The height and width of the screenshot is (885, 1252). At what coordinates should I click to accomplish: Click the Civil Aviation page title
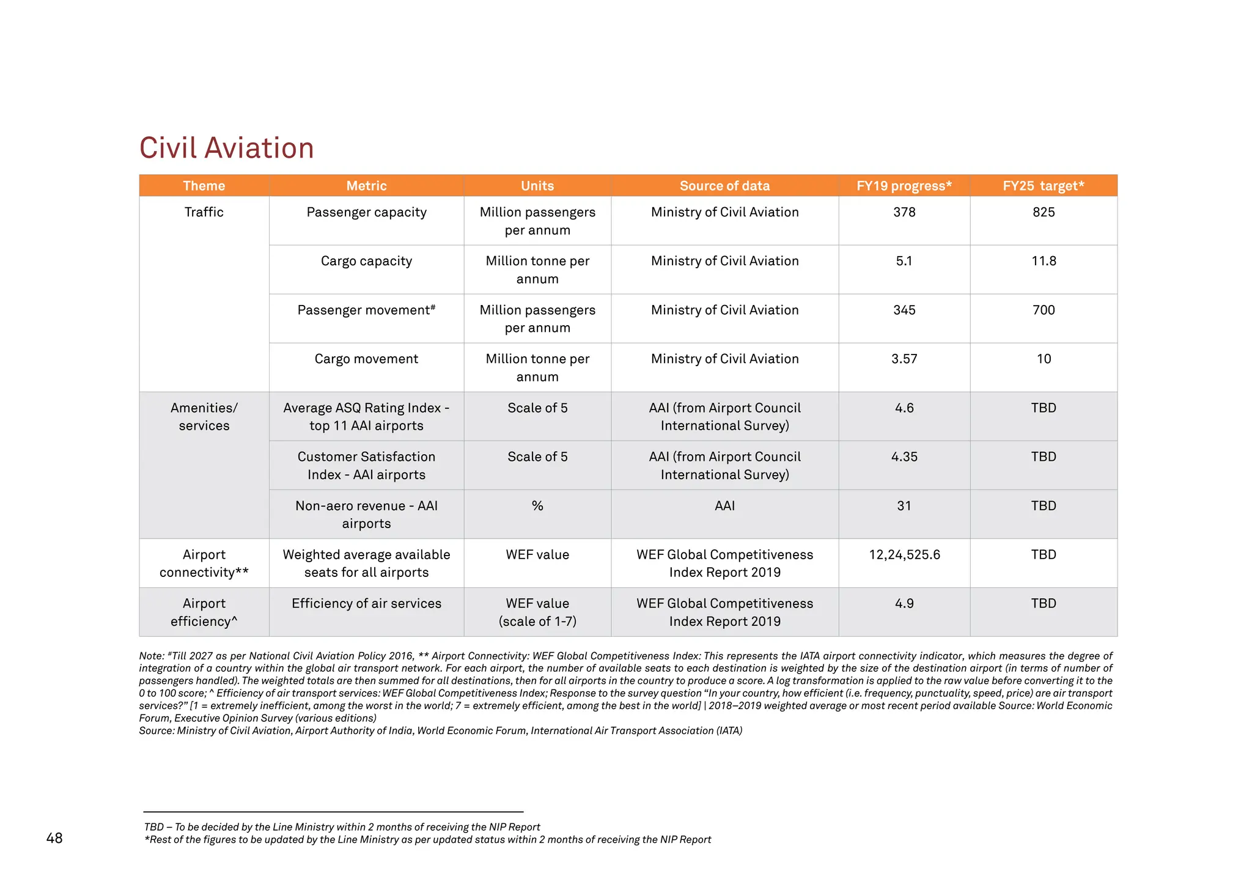226,148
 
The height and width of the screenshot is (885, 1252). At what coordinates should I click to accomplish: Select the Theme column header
204,186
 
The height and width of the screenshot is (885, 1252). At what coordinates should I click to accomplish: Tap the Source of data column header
724,186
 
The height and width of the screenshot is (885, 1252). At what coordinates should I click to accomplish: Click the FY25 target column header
1043,186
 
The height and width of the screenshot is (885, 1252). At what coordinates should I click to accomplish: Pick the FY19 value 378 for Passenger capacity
904,212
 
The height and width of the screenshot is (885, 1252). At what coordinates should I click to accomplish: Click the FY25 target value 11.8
1044,261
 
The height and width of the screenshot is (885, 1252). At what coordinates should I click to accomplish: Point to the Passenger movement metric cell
366,310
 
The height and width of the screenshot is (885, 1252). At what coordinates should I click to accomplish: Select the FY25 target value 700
1044,310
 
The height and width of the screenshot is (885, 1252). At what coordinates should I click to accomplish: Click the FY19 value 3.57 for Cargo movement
904,359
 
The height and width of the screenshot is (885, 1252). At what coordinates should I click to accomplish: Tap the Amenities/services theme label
204,416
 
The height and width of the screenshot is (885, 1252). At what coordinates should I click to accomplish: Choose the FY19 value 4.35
904,457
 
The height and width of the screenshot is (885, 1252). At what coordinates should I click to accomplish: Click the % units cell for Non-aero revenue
537,505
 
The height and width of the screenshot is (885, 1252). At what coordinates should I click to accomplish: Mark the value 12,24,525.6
904,554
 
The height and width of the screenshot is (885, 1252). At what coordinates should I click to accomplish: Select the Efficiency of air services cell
366,603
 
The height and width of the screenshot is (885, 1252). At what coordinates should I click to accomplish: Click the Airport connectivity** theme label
204,563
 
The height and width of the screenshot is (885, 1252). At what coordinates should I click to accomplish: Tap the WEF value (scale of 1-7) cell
537,612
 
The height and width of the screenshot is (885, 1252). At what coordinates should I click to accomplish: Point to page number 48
54,838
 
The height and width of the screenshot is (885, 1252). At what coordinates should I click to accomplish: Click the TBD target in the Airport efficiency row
1044,603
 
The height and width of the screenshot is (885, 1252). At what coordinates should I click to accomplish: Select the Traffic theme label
204,212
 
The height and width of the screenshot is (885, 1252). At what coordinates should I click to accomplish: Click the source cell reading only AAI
724,505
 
